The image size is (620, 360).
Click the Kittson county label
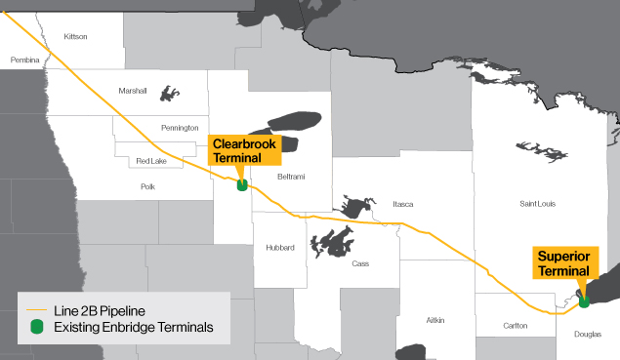(x=75, y=37)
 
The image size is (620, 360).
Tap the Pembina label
(x=24, y=60)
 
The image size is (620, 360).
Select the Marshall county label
(x=133, y=91)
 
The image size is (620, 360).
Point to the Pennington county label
(x=180, y=128)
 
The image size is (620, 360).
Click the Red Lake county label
(x=151, y=160)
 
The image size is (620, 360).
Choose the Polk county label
(x=148, y=185)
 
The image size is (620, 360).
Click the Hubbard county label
(x=280, y=248)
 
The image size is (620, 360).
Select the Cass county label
(x=360, y=263)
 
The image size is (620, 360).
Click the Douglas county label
(x=588, y=335)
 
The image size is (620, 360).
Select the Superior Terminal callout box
(x=563, y=263)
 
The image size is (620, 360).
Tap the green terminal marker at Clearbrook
(x=241, y=183)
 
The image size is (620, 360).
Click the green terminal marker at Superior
(x=584, y=300)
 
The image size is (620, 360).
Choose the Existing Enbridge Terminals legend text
(x=134, y=326)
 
